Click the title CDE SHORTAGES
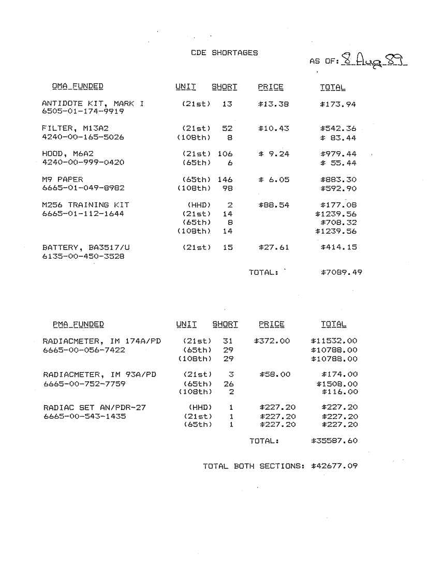click(224, 53)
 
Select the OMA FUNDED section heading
click(77, 86)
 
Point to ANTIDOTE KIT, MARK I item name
click(93, 104)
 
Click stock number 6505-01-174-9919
click(83, 112)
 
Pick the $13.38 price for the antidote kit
click(273, 104)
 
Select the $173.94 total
click(338, 104)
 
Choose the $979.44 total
click(338, 154)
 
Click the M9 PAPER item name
click(62, 179)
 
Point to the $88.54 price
click(273, 205)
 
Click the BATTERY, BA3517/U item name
click(86, 247)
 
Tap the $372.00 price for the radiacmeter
click(272, 341)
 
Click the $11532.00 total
click(334, 341)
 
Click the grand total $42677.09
click(334, 466)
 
